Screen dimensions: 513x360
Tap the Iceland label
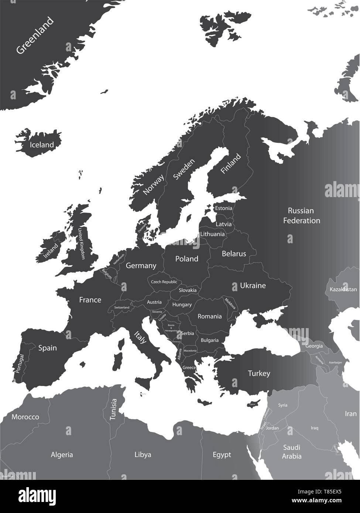pos(42,145)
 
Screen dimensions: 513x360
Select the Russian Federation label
pos(301,216)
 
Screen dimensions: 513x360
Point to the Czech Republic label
pos(164,282)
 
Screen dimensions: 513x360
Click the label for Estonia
pos(224,209)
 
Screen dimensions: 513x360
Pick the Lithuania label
pos(212,234)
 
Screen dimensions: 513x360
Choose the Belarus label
pos(234,254)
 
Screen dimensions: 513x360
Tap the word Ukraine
pos(253,286)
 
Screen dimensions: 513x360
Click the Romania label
pos(210,316)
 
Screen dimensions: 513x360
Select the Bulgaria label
pos(210,340)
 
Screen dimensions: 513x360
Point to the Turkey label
pos(259,373)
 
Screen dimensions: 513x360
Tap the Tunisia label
pos(113,409)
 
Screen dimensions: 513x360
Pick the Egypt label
pos(222,454)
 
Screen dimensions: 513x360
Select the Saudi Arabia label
pos(292,452)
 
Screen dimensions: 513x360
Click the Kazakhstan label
pos(341,289)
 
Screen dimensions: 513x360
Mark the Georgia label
pos(314,346)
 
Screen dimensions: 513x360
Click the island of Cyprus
pos(252,403)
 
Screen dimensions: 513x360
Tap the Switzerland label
pos(122,307)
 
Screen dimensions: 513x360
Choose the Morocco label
pos(25,417)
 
